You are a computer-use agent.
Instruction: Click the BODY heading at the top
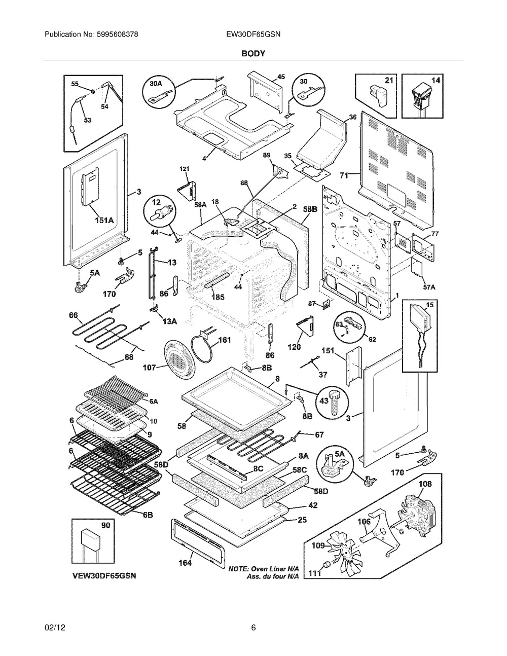(x=253, y=54)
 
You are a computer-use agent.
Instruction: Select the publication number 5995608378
(x=117, y=34)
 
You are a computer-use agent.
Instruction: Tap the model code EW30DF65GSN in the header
(x=253, y=34)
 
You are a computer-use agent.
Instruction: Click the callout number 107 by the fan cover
(x=150, y=368)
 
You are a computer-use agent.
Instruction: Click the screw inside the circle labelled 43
(x=333, y=404)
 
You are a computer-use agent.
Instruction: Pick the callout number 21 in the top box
(x=389, y=80)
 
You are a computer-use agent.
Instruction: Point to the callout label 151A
(x=104, y=221)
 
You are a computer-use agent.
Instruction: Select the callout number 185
(x=218, y=297)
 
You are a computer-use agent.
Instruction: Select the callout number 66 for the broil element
(x=74, y=315)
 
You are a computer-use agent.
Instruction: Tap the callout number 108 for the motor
(x=425, y=484)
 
